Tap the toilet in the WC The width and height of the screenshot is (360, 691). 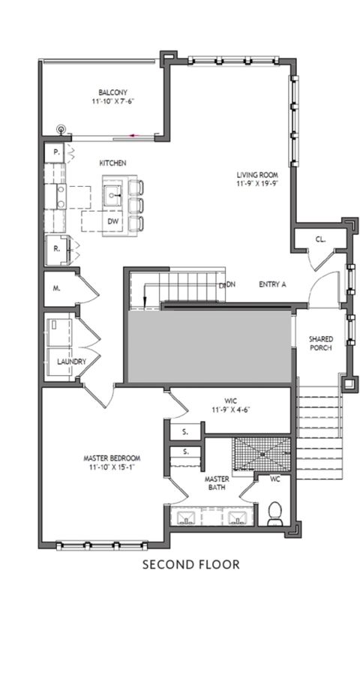coord(275,513)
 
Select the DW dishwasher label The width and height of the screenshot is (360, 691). coord(113,221)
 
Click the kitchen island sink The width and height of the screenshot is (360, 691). coord(113,193)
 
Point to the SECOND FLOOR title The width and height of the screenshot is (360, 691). coord(191,564)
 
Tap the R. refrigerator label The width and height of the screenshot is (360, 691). coord(56,248)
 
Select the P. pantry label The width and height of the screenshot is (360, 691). coord(56,152)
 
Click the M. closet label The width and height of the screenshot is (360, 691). coord(56,289)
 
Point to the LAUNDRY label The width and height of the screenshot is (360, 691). coord(71,362)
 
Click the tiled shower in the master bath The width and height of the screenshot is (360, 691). coord(262,454)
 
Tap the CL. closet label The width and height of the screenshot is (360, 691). coord(320,240)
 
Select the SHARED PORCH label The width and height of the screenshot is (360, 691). coord(321,343)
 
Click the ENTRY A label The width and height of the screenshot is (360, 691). coord(272,284)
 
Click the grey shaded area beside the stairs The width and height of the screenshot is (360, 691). coord(210,347)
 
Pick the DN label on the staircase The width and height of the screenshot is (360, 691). coord(231,284)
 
